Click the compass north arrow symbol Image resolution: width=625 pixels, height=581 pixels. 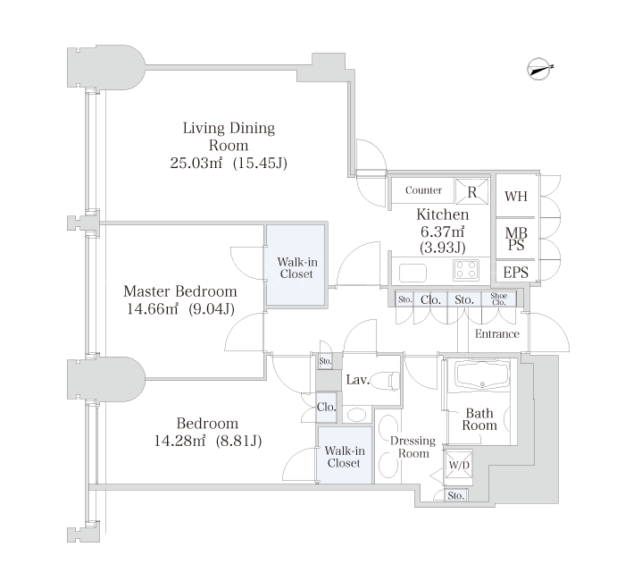click(x=539, y=69)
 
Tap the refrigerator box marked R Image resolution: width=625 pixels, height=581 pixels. click(x=472, y=191)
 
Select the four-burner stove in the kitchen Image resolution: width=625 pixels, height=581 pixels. click(x=466, y=269)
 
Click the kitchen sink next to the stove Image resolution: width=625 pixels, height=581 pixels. click(x=412, y=273)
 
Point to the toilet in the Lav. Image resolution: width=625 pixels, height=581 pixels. click(x=387, y=380)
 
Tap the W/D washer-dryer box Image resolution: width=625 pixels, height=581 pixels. click(x=459, y=465)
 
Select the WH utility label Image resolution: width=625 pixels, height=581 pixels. click(x=516, y=197)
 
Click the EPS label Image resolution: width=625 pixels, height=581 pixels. click(x=515, y=273)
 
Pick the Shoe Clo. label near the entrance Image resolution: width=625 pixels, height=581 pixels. click(x=498, y=299)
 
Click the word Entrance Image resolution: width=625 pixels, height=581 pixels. click(x=497, y=333)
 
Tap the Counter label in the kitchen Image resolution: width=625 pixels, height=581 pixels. click(x=423, y=190)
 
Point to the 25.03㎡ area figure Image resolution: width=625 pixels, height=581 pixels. click(x=196, y=163)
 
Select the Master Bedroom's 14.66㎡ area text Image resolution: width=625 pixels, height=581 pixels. click(x=153, y=309)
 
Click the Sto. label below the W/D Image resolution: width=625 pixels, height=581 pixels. click(x=456, y=495)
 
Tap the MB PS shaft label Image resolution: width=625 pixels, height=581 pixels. click(x=516, y=239)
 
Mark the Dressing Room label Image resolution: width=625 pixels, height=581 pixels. click(x=412, y=447)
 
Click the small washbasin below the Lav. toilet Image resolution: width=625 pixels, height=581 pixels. click(x=356, y=415)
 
